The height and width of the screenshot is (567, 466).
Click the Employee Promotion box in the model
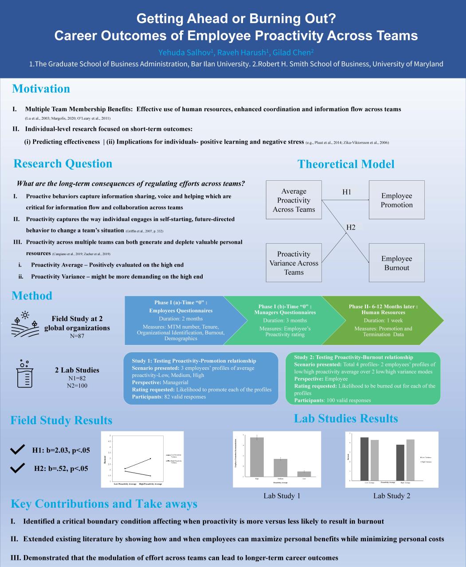396,200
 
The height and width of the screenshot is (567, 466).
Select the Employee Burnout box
396,263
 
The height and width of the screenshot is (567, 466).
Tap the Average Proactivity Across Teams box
294,200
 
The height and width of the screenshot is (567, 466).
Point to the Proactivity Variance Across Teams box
294,263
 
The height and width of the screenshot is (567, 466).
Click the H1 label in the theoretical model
347,192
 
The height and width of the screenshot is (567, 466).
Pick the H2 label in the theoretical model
351,227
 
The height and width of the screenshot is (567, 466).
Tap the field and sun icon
24,322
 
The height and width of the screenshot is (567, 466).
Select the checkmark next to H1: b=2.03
17,450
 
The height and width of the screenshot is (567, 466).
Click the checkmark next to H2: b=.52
17,468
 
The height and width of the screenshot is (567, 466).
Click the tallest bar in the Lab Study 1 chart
257,457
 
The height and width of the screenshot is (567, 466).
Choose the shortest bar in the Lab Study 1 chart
304,474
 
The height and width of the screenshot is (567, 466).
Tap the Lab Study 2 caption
392,496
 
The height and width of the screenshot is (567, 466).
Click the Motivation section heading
41,89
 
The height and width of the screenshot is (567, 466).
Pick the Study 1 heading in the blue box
194,361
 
